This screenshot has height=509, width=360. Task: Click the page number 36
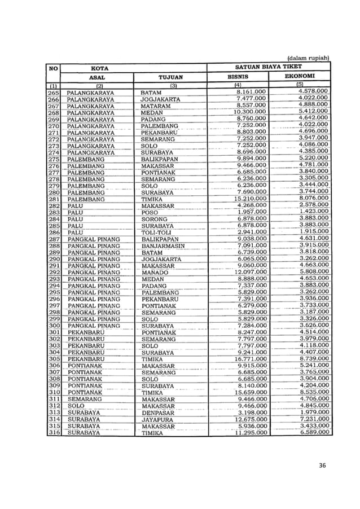click(323, 465)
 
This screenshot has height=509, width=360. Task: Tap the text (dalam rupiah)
click(308, 57)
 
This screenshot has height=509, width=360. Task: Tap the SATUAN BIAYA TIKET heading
click(269, 66)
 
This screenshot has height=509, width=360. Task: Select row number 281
click(54, 199)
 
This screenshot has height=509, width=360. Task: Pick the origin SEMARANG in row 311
click(85, 399)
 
